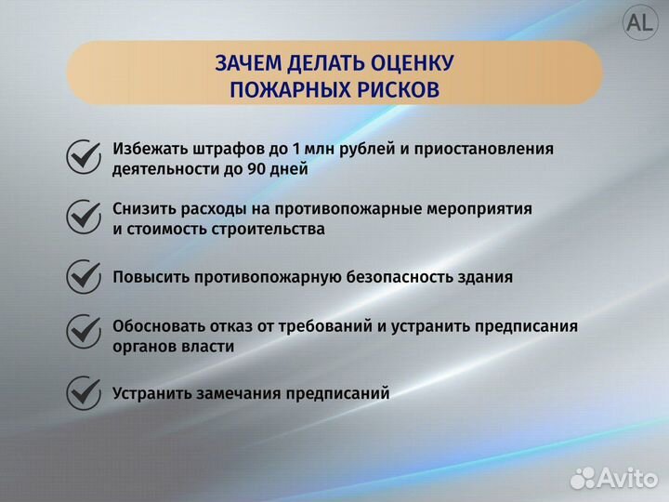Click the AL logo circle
point(639,25)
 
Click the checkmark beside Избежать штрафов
point(84,157)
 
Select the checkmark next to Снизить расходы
point(84,217)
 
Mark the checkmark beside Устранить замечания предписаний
point(84,392)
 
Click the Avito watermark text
point(630,477)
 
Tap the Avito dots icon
point(583,477)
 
